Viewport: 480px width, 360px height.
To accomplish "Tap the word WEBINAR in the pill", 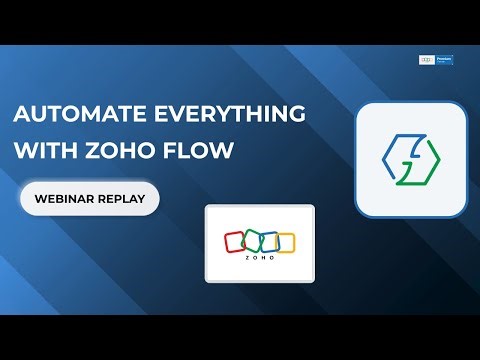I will coord(64,199).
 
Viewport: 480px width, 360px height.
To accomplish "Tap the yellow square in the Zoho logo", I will coord(285,242).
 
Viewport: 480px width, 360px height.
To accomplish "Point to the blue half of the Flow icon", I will coord(396,152).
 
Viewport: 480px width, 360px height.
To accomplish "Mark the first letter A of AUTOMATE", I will coord(21,113).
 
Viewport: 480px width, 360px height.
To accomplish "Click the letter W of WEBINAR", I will coord(39,199).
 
